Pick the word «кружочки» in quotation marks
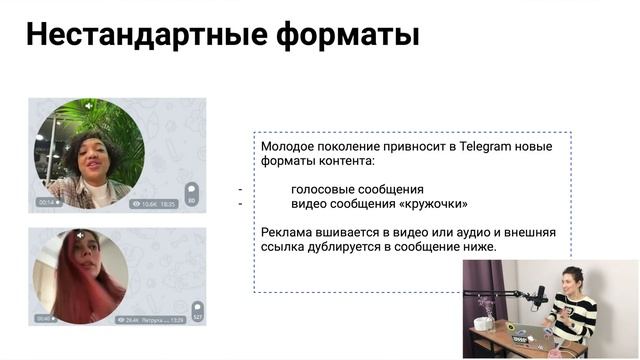point(434,203)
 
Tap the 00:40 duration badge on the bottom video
point(45,319)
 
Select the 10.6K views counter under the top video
point(146,203)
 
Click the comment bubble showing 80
point(191,193)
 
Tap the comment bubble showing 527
point(197,311)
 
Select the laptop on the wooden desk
point(529,334)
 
